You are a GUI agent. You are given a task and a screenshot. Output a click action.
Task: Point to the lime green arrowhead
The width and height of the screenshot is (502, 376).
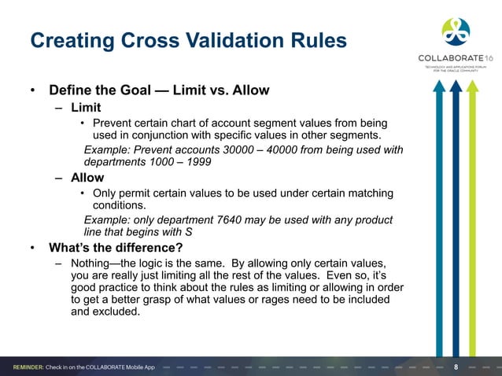click(472, 83)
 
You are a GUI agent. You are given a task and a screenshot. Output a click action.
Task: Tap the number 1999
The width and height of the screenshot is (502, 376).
click(195, 163)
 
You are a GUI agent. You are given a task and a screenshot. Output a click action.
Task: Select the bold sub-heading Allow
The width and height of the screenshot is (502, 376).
click(87, 178)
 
